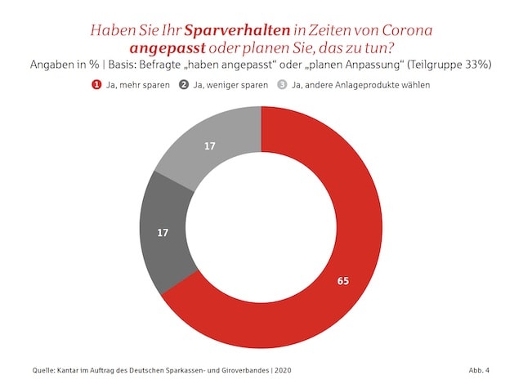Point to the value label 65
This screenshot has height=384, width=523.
343,280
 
